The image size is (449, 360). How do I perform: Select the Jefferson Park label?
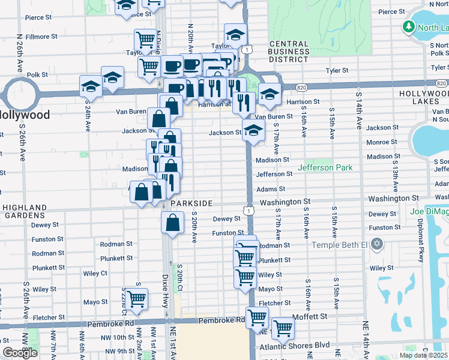[325, 167]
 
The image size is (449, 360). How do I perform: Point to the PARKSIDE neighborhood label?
[191, 203]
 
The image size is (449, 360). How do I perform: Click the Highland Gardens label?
[25, 211]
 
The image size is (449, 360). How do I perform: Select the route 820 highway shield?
[301, 88]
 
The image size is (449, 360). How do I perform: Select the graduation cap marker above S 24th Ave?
[91, 85]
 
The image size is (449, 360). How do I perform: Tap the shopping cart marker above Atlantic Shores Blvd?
[282, 328]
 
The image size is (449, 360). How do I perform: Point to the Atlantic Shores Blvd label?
[294, 346]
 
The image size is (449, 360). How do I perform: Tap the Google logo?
[20, 353]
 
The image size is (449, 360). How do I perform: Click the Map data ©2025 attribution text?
[423, 355]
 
